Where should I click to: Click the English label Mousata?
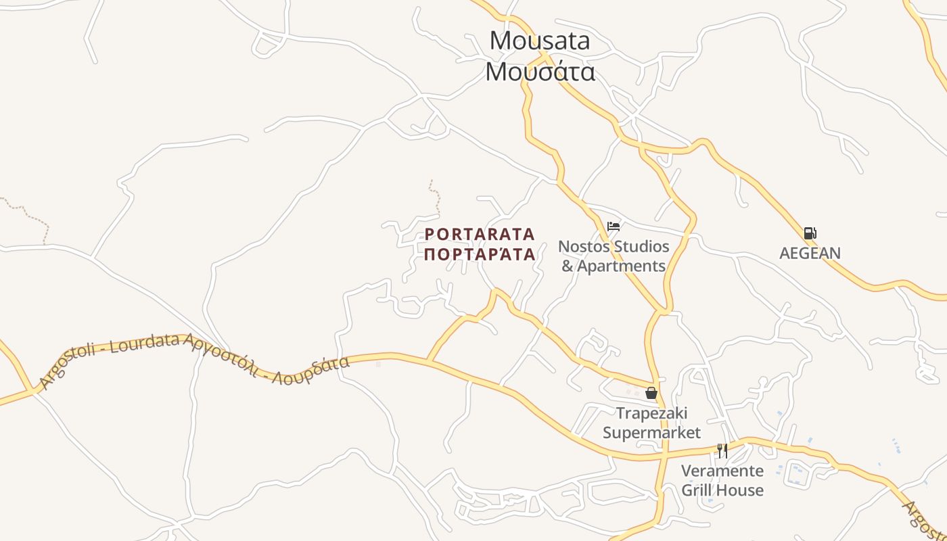[x=540, y=41]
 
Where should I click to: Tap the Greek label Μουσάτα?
[x=540, y=71]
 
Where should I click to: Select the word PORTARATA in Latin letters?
[x=480, y=235]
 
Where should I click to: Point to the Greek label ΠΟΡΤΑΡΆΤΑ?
[x=480, y=254]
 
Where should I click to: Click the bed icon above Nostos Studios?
[x=614, y=227]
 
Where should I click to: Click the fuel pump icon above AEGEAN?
[x=810, y=234]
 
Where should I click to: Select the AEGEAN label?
[x=810, y=254]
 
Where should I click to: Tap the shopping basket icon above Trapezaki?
[x=651, y=393]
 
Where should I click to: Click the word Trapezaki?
[x=651, y=413]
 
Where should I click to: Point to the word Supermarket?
[x=651, y=432]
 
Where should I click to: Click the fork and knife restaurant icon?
[x=722, y=451]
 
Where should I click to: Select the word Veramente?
[x=722, y=471]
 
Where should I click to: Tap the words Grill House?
[x=722, y=490]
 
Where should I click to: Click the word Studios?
[x=642, y=246]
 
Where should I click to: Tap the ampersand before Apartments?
[x=568, y=266]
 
